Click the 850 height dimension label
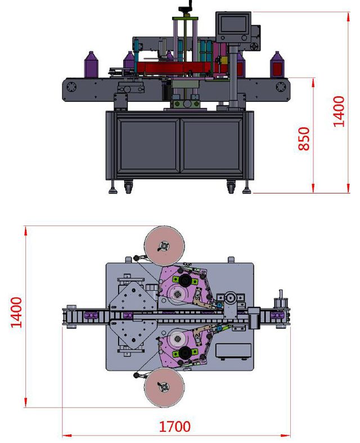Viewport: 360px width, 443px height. click(304, 138)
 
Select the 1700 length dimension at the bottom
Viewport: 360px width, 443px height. click(174, 426)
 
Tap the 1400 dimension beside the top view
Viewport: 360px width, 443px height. click(17, 313)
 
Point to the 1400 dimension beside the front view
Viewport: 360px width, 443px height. click(339, 111)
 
